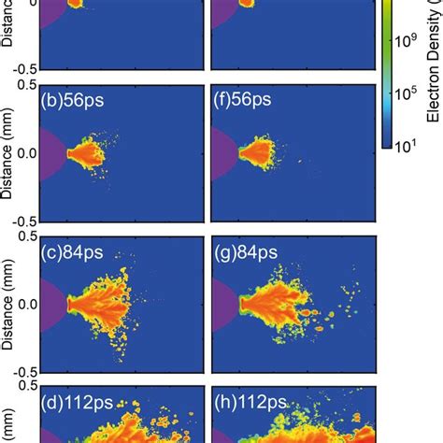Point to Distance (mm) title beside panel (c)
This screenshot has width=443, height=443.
8,305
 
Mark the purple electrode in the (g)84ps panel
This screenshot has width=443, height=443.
223,303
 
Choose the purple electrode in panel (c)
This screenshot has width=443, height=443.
49,303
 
